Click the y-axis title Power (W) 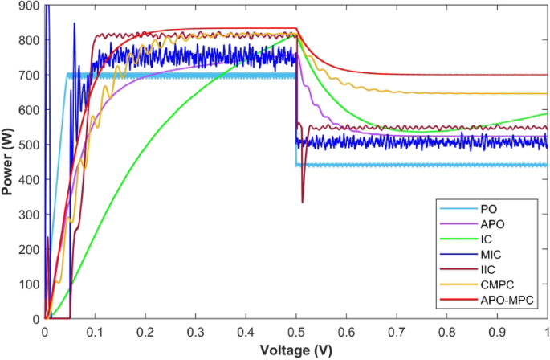click(x=9, y=162)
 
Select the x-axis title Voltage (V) click(x=296, y=350)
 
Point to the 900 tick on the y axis click(x=30, y=6)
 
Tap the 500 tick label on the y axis click(x=30, y=145)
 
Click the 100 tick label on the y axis click(x=30, y=284)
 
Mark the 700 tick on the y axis click(x=30, y=76)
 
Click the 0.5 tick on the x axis click(x=296, y=329)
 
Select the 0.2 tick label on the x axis click(x=145, y=329)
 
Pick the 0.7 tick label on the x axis click(x=397, y=329)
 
